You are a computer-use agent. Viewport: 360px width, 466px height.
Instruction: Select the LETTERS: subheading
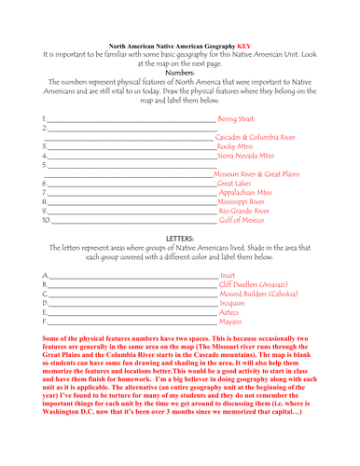(x=179, y=239)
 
